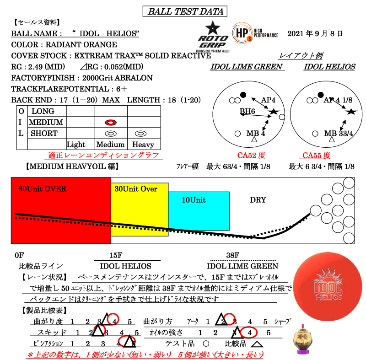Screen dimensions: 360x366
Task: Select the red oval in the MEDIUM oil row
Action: [111, 123]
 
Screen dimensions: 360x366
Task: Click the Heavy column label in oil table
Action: [143, 145]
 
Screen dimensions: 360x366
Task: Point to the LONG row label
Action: [43, 111]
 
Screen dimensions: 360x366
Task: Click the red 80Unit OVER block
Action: [61, 210]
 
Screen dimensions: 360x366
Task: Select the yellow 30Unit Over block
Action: [140, 208]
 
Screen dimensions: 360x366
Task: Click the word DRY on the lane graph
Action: [258, 200]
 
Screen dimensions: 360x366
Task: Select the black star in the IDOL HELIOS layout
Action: [351, 111]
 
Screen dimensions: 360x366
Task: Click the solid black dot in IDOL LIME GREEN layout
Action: [243, 95]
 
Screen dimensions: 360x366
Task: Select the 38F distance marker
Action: [233, 255]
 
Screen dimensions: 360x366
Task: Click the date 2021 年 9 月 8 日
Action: [315, 34]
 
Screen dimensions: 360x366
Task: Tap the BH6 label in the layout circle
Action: [248, 111]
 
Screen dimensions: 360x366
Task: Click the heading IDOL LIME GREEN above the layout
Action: [247, 67]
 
